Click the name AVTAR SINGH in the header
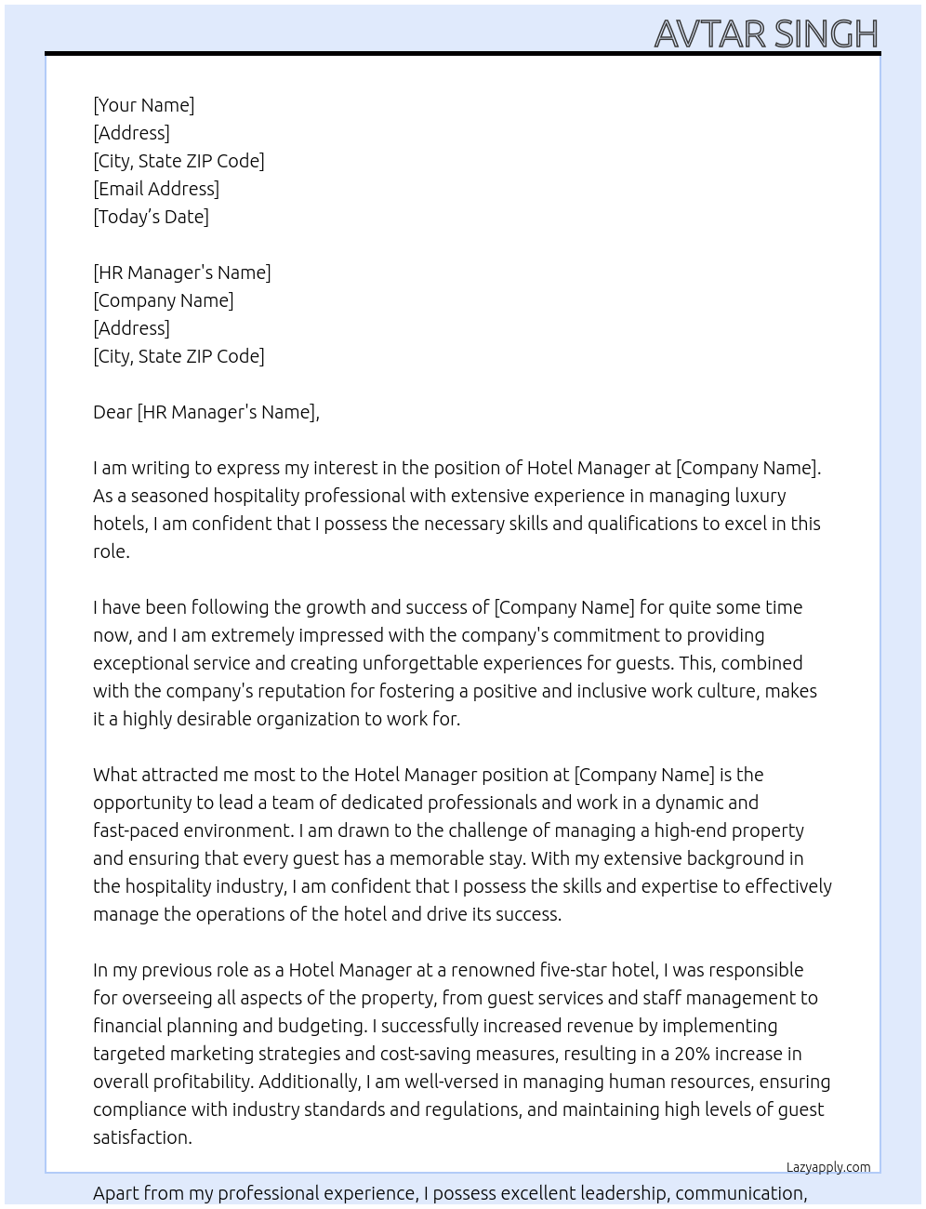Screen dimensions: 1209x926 pos(766,33)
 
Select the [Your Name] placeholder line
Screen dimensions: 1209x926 pos(143,105)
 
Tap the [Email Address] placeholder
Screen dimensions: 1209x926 pos(156,189)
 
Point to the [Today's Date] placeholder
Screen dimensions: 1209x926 pos(151,217)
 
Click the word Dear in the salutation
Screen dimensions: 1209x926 pos(112,412)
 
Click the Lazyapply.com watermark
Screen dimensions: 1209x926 pos(828,1167)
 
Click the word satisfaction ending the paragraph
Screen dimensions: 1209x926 pos(141,1137)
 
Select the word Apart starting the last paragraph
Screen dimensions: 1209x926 pos(116,1193)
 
